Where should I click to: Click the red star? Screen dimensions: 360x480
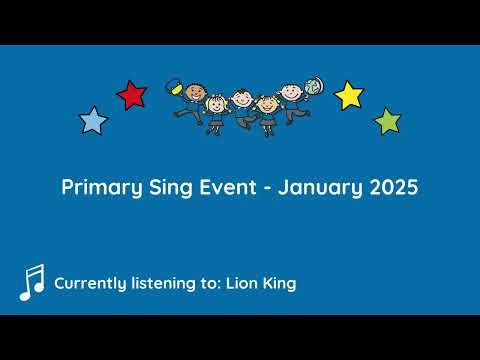[131, 95]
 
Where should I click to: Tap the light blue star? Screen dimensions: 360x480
[93, 121]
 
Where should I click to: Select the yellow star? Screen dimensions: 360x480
[348, 95]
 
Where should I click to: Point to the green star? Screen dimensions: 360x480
[387, 122]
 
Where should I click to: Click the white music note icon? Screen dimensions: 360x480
[32, 283]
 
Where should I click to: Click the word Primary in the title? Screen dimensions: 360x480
[97, 188]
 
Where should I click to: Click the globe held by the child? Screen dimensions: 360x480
[314, 88]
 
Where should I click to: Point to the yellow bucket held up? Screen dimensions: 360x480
[172, 86]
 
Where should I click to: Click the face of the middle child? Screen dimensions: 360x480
[242, 98]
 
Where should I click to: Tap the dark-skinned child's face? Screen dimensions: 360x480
[192, 93]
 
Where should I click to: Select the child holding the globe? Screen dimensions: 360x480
[291, 100]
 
